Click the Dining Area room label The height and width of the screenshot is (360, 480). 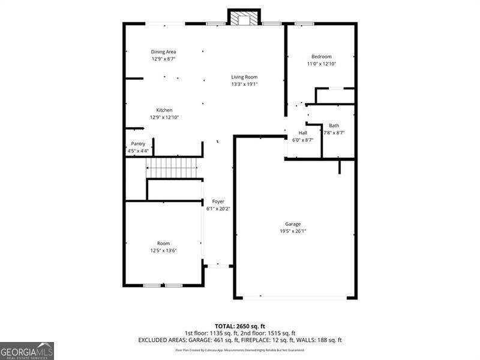tap(163, 52)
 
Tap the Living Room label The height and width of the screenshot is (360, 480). tap(244, 77)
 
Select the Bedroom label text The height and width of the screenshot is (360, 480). tap(321, 56)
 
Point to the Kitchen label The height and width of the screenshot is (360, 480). tap(164, 110)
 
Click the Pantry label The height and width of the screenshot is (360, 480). tap(138, 144)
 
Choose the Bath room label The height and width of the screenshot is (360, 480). tap(334, 125)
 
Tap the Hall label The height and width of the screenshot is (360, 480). tap(302, 133)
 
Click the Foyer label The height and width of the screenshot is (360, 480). tap(218, 202)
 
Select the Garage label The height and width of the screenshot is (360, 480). tap(293, 224)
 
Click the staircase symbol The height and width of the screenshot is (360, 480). tap(172, 167)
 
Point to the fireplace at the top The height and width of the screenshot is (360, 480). tap(244, 19)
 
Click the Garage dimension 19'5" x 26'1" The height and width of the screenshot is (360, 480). tap(293, 231)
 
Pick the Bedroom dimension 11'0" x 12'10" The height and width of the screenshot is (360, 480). tap(321, 64)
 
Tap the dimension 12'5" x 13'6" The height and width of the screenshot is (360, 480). tap(163, 250)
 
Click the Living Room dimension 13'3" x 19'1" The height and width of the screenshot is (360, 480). tap(244, 84)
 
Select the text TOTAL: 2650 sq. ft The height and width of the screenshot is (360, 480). tap(239, 326)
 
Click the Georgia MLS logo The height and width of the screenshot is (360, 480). tap(27, 350)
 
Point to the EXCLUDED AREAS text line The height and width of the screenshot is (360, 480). tap(239, 340)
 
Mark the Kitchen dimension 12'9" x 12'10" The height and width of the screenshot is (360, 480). tap(164, 117)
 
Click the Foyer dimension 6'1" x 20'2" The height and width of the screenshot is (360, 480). tap(218, 209)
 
